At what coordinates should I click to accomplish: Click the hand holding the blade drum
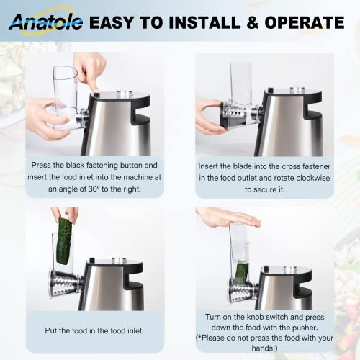209,117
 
